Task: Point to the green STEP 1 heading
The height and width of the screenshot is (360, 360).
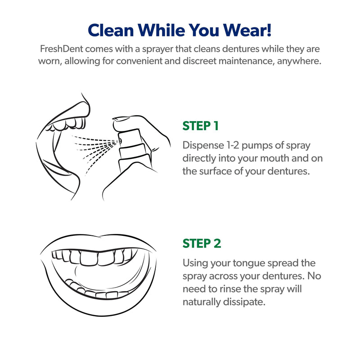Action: coord(200,126)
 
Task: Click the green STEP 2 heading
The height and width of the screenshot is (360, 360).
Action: coord(202,243)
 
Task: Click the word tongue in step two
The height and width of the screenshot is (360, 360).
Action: coord(246,263)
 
